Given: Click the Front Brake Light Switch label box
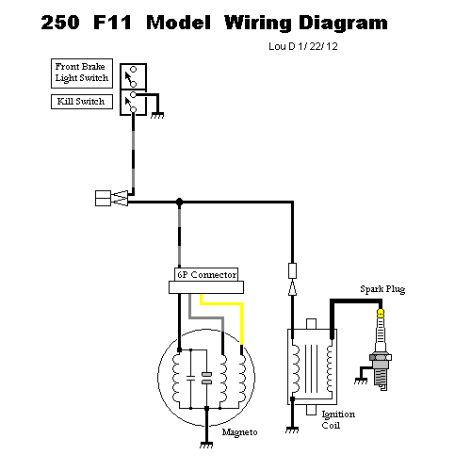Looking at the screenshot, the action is tap(82, 73).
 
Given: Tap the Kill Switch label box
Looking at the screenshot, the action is tap(82, 102).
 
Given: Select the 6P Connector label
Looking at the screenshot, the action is tap(206, 274).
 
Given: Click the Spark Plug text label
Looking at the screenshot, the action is tap(382, 289).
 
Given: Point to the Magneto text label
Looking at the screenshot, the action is tap(239, 432).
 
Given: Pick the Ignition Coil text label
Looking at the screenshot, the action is tap(338, 420).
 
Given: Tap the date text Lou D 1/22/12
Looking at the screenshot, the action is tap(303, 46).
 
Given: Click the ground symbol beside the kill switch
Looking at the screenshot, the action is tap(157, 116).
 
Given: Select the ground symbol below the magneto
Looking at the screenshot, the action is tap(206, 445).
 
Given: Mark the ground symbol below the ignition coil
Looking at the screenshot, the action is tap(292, 430).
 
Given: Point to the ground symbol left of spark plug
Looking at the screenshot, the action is tap(361, 381).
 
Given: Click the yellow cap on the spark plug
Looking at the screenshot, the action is tap(381, 313).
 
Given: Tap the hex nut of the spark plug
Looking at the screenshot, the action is tap(381, 357).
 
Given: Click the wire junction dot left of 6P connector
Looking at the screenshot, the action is tap(179, 202).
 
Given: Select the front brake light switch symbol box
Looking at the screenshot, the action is tap(133, 76).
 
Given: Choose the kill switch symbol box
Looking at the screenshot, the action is tap(133, 103).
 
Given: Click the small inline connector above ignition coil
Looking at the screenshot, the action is tap(292, 270).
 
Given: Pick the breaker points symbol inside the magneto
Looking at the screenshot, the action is tap(206, 378).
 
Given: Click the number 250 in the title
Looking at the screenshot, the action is tap(60, 23).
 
